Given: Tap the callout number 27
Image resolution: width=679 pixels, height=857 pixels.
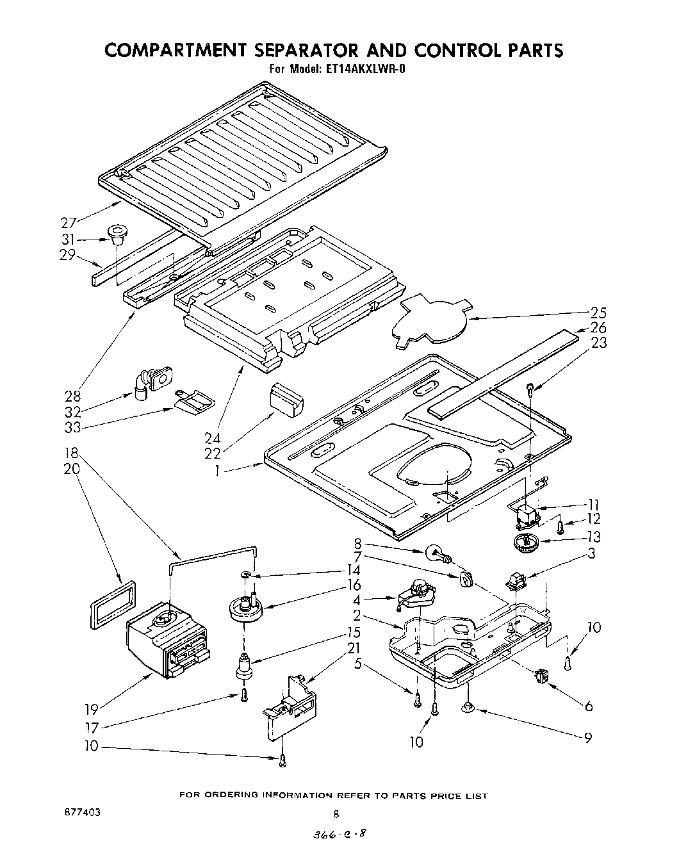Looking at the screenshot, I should click(x=69, y=223).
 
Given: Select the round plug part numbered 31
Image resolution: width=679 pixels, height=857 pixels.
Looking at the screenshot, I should click(x=117, y=234).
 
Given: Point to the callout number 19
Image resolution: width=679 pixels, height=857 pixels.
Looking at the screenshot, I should click(x=92, y=709).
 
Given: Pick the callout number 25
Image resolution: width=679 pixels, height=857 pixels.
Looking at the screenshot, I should click(x=598, y=313).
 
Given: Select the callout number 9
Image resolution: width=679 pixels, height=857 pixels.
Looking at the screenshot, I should click(x=587, y=737).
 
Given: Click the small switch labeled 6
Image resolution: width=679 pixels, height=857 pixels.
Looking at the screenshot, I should click(x=544, y=676).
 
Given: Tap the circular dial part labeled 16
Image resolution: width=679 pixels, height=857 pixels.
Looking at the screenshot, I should click(x=244, y=607).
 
